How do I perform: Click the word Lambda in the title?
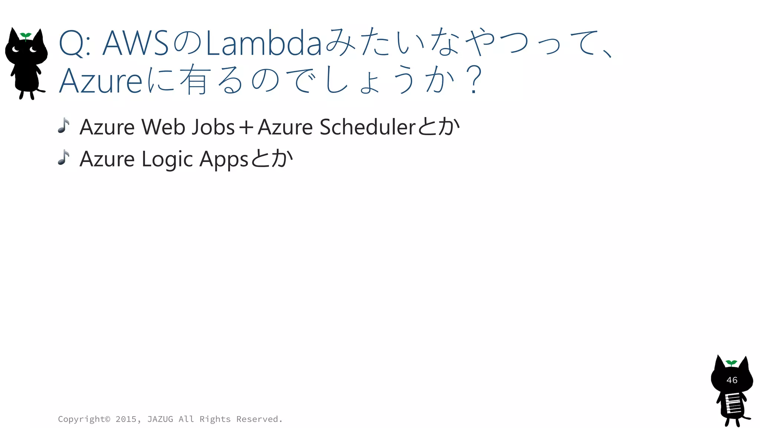pos(263,44)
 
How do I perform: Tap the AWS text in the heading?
pos(136,44)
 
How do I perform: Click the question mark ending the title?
pos(474,80)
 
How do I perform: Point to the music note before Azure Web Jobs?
pos(64,126)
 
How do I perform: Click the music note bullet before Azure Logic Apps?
pos(64,158)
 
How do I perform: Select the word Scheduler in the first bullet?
pos(367,127)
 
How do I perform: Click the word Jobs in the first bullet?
pos(213,127)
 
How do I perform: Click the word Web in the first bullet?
pos(163,127)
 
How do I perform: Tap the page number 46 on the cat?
pos(732,380)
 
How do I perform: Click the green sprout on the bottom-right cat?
pos(731,363)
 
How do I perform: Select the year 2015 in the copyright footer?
pos(126,419)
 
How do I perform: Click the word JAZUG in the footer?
pos(160,419)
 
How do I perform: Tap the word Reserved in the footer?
pos(258,419)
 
